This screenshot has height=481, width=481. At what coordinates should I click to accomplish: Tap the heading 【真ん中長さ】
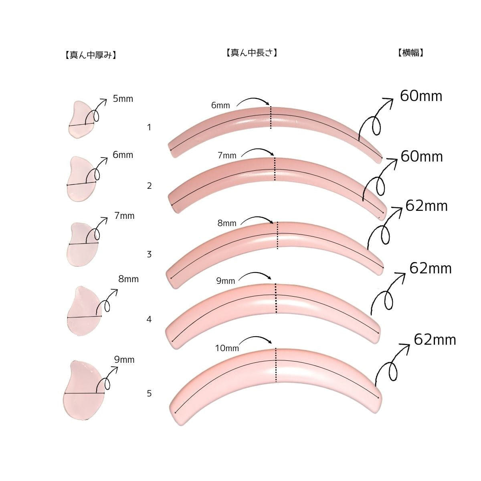(252, 53)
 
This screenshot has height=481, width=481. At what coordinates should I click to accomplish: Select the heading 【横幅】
(410, 53)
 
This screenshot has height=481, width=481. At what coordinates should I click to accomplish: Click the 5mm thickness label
(123, 99)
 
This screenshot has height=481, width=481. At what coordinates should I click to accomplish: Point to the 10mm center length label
(227, 348)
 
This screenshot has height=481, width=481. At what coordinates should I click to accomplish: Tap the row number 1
(149, 127)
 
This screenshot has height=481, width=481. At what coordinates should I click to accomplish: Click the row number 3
(149, 255)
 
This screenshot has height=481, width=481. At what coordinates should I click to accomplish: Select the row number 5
(149, 394)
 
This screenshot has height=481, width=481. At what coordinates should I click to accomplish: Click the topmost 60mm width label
(421, 96)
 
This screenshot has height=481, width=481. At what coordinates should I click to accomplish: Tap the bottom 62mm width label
(435, 340)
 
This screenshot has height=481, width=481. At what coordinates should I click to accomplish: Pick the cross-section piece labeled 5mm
(81, 119)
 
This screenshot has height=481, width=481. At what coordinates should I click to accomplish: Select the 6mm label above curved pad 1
(220, 105)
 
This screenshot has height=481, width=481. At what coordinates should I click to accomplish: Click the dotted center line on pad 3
(277, 235)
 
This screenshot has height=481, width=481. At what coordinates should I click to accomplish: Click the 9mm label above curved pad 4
(225, 281)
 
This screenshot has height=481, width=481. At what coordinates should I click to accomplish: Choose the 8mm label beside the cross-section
(128, 279)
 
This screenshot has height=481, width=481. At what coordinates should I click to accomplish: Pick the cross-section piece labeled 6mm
(82, 178)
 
